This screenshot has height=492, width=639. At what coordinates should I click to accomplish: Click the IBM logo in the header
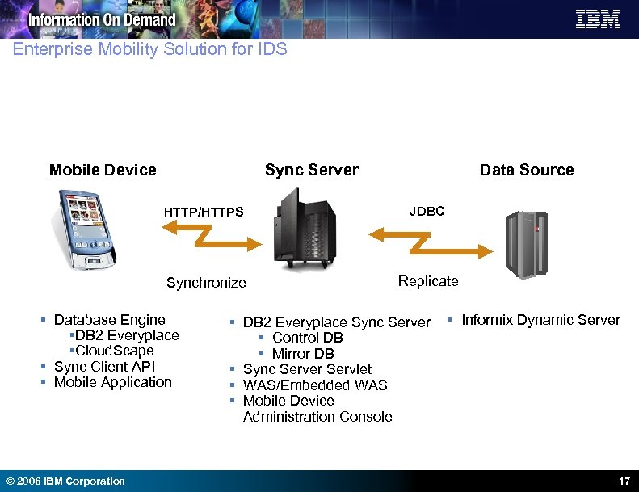coord(598,19)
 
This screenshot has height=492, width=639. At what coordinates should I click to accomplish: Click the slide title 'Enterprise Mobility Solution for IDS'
coord(149,49)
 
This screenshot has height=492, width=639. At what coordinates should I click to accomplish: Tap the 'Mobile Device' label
coord(103,170)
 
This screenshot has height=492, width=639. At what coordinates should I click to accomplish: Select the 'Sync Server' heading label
coord(311,170)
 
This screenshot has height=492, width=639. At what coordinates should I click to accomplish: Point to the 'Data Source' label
coord(526,170)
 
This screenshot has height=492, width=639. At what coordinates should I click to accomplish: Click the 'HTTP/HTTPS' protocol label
coord(203,212)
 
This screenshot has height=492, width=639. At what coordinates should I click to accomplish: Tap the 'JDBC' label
coord(427,211)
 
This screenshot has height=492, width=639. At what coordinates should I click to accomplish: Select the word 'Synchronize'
coord(206,283)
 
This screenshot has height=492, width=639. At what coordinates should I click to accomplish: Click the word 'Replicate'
coord(428,281)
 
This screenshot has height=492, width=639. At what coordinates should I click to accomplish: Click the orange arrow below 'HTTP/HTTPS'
coord(210,234)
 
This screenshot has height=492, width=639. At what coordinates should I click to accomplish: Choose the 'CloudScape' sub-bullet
coord(113,351)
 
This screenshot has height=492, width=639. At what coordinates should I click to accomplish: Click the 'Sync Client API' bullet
coord(104,366)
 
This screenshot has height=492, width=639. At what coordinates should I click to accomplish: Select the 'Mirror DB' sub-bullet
coord(303,353)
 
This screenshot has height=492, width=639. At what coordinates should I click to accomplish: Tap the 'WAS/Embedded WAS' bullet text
coord(315,385)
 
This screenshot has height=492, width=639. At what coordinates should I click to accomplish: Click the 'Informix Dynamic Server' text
coord(540,320)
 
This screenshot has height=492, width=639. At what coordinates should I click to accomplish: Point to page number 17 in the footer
coord(624,481)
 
